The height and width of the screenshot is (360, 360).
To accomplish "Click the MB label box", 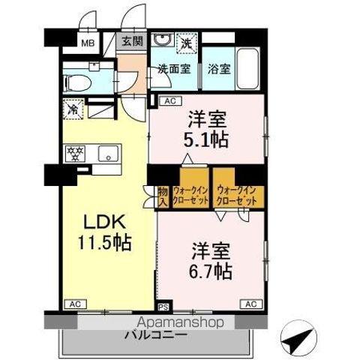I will pyautogui.click(x=87, y=43).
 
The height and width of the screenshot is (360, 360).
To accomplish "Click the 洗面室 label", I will pyautogui.click(x=173, y=68).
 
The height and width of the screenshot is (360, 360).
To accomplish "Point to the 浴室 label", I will pyautogui.click(x=218, y=68).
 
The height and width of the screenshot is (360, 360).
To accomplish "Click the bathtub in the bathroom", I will pyautogui.click(x=246, y=67).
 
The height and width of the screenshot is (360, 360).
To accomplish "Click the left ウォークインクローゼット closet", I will pyautogui.click(x=190, y=196).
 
